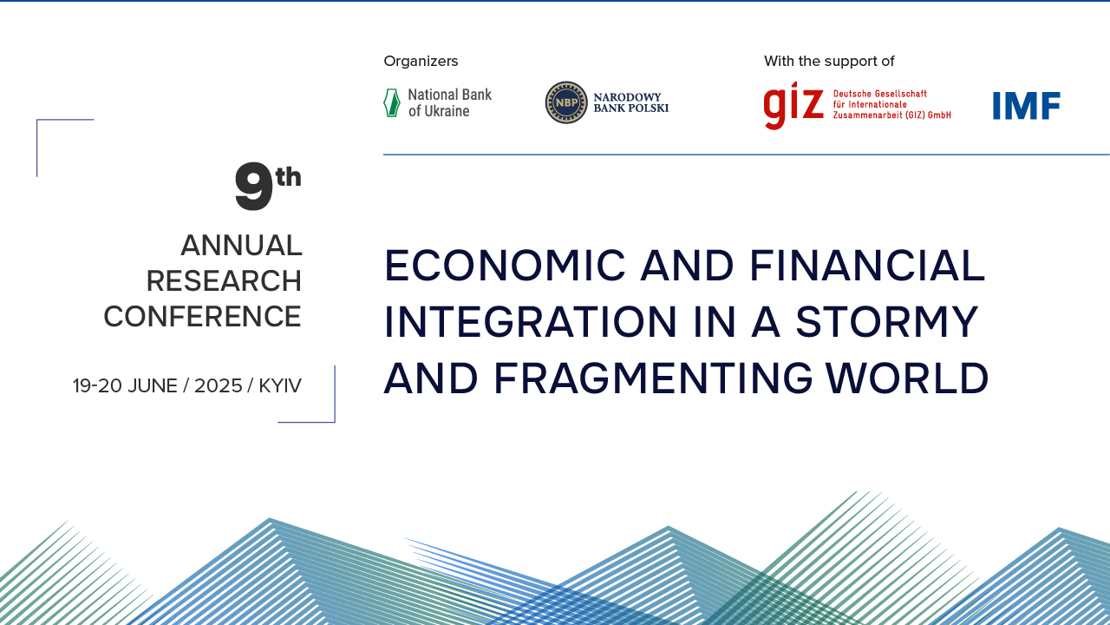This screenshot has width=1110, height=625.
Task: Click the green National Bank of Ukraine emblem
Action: coord(391,102)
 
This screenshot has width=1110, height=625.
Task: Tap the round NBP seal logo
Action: coord(566,102)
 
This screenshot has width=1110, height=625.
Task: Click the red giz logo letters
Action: coord(793,105)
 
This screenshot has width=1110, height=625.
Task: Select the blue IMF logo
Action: coord(1026,106)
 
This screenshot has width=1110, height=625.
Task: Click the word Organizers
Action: coord(421,61)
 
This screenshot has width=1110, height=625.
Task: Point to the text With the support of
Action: coord(829,61)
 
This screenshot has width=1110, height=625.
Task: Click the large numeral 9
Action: coord(254,187)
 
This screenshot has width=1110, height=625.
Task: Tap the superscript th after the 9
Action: coord(289,177)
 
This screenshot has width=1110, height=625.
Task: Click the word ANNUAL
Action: coord(241,246)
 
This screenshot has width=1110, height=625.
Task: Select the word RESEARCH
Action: coord(224,281)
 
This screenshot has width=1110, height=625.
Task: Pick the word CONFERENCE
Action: coord(202,317)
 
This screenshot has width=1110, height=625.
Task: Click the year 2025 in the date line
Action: coord(218,386)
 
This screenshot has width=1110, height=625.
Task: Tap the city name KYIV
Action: coord(280,386)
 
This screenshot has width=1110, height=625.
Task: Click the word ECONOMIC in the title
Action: coord(505,266)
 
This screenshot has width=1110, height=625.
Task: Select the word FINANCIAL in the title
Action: coord(867,266)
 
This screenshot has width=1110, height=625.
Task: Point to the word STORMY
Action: coord(887,321)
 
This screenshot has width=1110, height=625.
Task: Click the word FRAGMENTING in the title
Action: coord(653,378)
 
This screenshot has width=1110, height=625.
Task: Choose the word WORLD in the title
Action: coord(907,378)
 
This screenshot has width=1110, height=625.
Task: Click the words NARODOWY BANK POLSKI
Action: coord(630,102)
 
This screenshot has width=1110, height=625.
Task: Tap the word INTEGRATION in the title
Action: coord(530,321)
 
